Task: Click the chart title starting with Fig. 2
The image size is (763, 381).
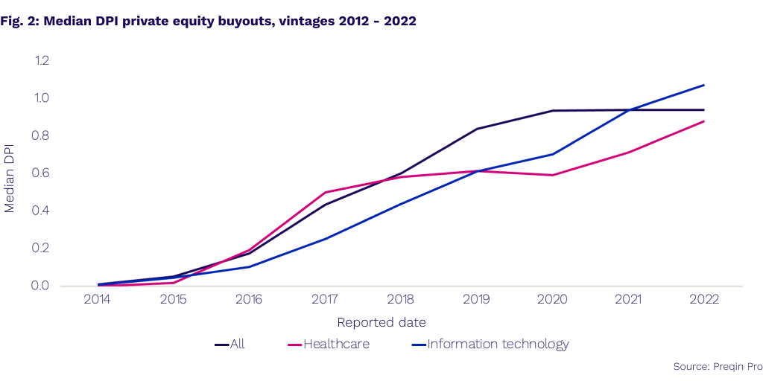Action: click(209, 22)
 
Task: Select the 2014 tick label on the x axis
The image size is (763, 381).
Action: click(98, 301)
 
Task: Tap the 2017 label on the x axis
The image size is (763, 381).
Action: click(326, 301)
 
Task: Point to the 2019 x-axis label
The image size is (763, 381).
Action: click(477, 301)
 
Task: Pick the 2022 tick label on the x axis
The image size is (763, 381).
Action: click(704, 301)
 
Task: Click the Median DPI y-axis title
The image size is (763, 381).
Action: click(10, 173)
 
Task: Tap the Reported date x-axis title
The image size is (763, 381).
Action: click(381, 322)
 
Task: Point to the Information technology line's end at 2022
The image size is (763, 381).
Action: click(704, 85)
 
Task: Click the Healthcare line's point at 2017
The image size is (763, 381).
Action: click(326, 192)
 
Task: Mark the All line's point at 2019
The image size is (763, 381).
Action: click(477, 129)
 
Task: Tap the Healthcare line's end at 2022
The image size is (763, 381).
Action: click(704, 121)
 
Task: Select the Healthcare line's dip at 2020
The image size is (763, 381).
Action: click(552, 175)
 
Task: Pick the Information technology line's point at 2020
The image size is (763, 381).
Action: click(552, 154)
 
